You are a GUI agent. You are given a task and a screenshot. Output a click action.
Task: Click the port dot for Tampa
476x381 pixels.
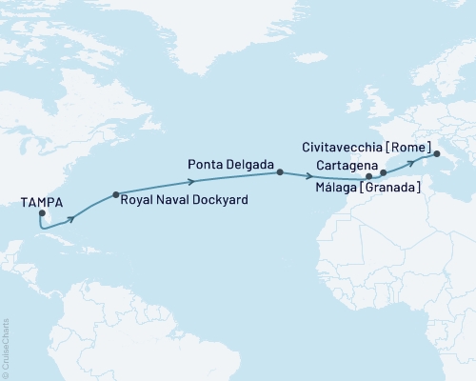click(x=41, y=213)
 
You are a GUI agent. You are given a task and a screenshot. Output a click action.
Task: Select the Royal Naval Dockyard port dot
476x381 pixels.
click(x=116, y=195)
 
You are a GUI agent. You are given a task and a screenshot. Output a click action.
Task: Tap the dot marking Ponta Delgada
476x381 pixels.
click(x=279, y=172)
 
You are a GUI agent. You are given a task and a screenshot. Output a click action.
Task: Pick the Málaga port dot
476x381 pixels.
click(x=368, y=177)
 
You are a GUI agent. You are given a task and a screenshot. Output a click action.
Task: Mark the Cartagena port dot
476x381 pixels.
click(x=384, y=173)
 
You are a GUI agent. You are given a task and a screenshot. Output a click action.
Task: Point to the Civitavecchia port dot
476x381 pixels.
click(x=437, y=153)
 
